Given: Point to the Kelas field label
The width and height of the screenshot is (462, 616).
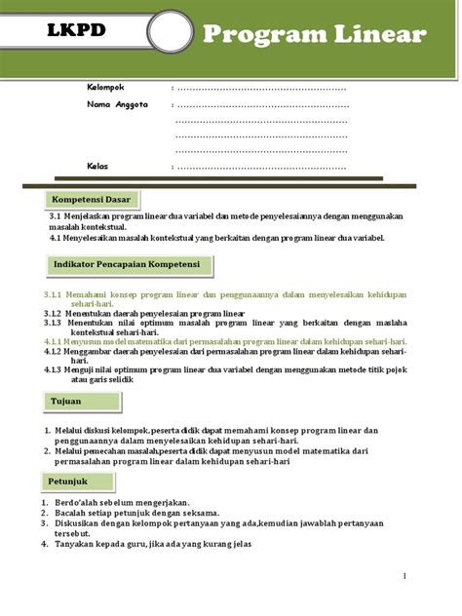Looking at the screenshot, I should [x=97, y=166].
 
